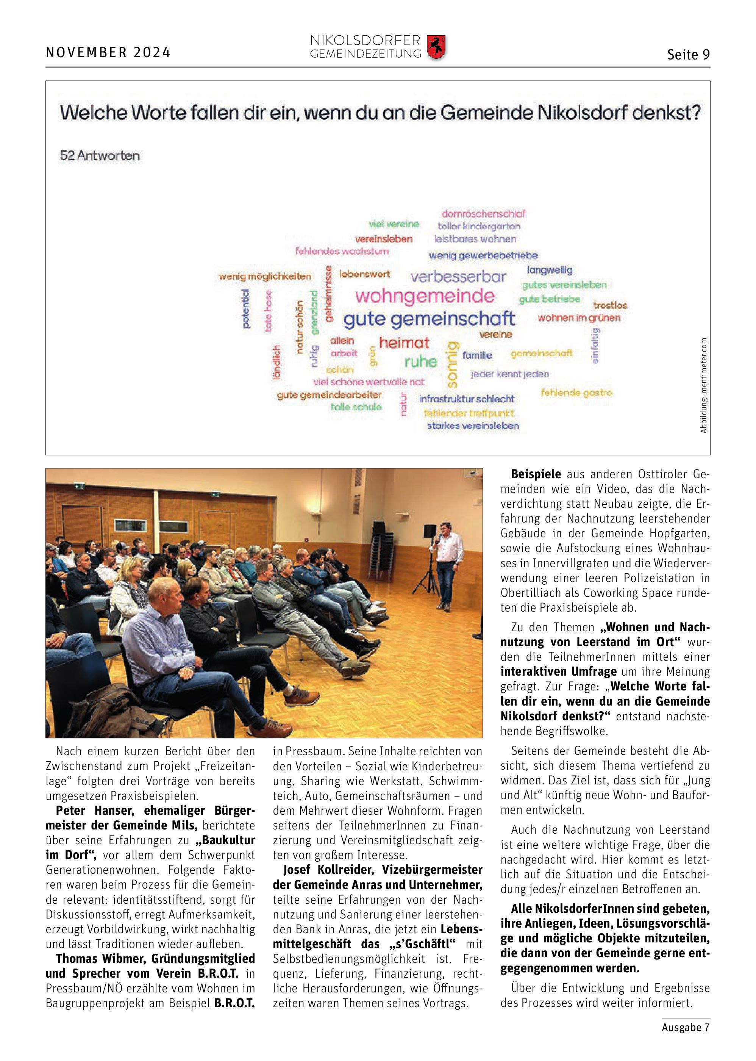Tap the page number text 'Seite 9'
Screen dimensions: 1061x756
point(688,55)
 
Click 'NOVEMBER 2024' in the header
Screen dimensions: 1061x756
point(108,53)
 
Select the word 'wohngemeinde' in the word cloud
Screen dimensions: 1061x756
point(425,296)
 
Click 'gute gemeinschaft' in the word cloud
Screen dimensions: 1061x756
point(429,319)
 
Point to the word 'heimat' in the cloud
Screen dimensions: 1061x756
point(404,343)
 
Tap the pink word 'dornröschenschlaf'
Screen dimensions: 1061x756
point(483,214)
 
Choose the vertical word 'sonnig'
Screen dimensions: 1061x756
point(452,364)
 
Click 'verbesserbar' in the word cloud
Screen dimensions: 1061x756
point(458,277)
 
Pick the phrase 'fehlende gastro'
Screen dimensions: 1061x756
point(576,393)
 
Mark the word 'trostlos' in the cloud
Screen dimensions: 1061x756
point(610,305)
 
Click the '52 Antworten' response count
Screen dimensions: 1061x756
point(100,156)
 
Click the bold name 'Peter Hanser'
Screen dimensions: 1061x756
point(95,811)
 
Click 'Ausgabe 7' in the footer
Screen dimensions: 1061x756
point(685,1027)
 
